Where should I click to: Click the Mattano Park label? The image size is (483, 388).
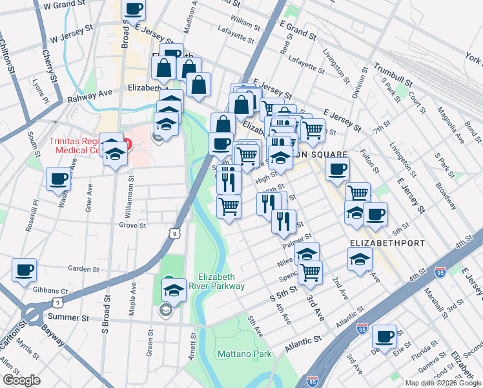[x=244, y=354]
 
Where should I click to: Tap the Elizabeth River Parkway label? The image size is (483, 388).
[x=221, y=281]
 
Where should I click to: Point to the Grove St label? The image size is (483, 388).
[x=133, y=226]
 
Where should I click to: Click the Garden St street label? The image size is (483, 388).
[x=83, y=269]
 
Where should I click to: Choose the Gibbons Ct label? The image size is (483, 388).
[x=54, y=292]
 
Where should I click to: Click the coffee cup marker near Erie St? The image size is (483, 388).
[x=385, y=336]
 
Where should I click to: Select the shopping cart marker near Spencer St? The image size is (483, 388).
[x=310, y=272]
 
